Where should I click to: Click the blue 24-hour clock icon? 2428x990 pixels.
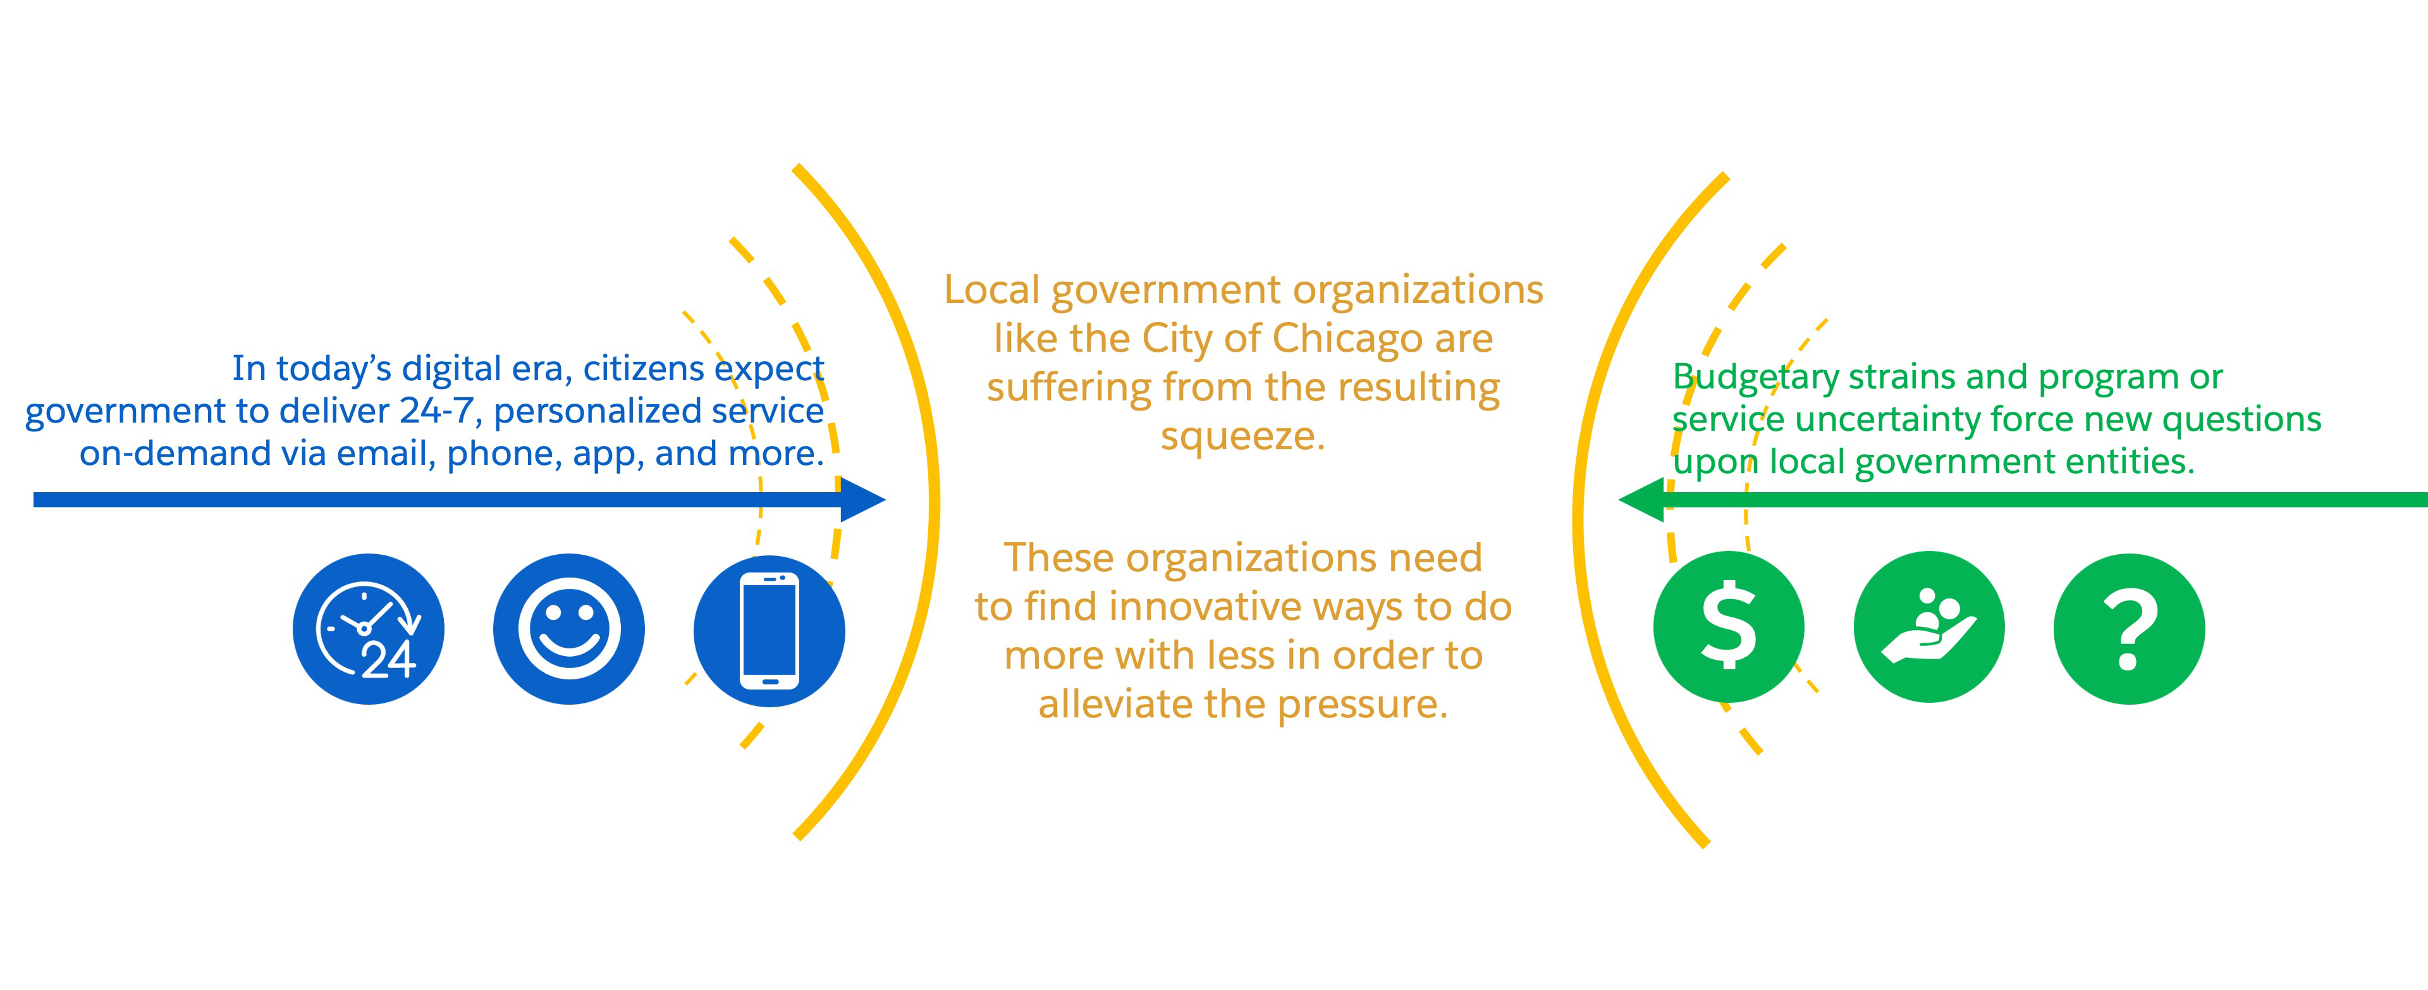click(369, 629)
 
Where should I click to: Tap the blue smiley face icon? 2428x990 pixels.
click(569, 629)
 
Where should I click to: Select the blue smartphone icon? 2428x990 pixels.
click(769, 631)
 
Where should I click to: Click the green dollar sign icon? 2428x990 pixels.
click(1729, 627)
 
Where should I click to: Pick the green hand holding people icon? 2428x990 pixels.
click(1929, 627)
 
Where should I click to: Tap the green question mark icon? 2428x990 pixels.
click(2129, 629)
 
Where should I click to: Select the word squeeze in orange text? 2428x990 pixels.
click(1242, 436)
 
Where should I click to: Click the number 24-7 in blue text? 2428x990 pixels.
click(436, 410)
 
